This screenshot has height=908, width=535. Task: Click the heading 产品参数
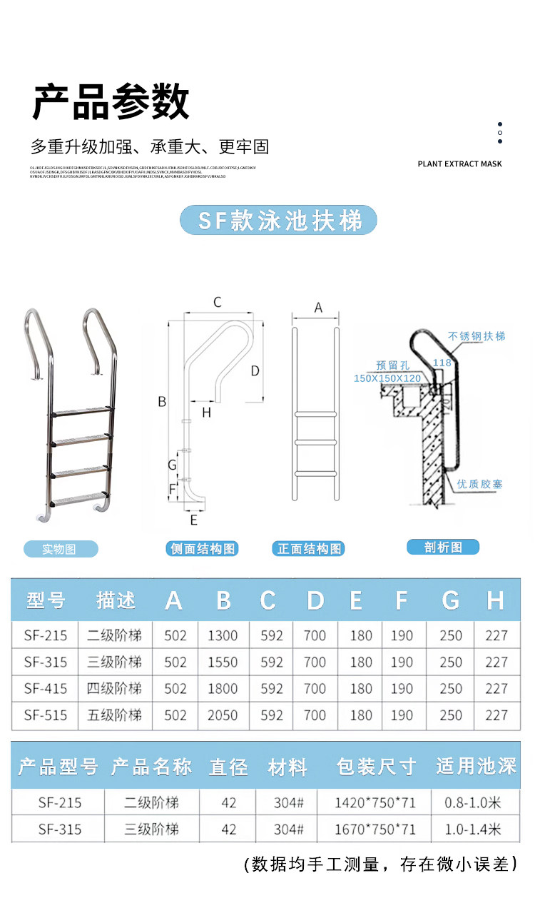coord(111,102)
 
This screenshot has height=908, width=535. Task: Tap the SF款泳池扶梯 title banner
coord(278,220)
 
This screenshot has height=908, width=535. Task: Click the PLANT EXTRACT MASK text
coord(459,164)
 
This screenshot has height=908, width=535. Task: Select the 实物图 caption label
coord(60,549)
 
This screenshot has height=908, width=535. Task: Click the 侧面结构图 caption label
coord(202,549)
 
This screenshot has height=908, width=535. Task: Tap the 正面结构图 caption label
coord(309,549)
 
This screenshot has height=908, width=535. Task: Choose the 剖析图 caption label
coord(443,548)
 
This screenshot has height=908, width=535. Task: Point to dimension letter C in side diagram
coord(218,303)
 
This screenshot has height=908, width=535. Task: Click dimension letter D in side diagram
coord(255,371)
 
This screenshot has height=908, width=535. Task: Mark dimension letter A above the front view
coord(318,308)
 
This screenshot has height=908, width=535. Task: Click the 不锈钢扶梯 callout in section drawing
coord(477,336)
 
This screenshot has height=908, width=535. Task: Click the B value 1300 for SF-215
coord(223,635)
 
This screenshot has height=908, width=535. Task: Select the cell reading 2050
coord(223,715)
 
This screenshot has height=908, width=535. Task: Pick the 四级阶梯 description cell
coord(115,689)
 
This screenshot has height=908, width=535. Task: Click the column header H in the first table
coord(495,600)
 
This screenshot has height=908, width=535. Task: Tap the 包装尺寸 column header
coord(375,767)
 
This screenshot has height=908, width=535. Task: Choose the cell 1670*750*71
coord(375,829)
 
